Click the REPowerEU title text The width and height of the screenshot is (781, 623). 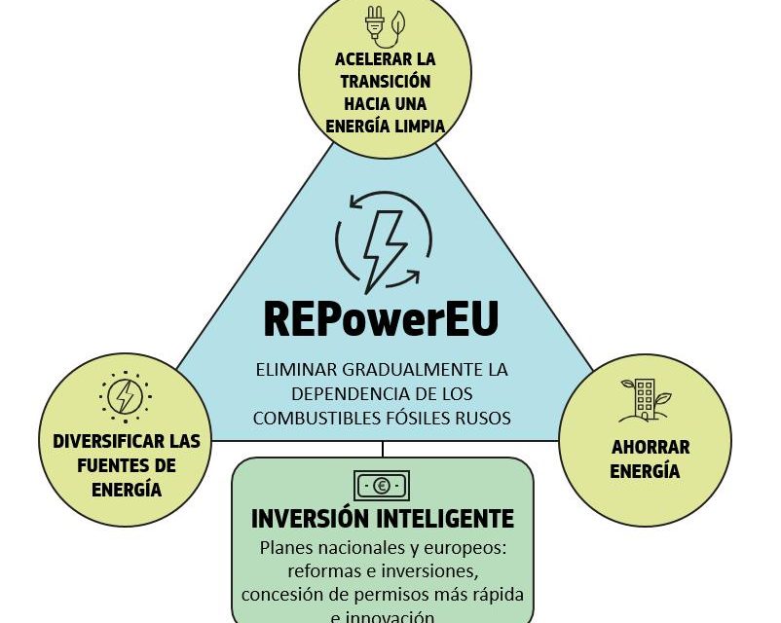pos(381,317)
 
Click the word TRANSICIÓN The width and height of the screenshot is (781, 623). pos(387,82)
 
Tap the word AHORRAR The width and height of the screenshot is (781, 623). pos(651,448)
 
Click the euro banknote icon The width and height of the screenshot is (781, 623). pos(381,484)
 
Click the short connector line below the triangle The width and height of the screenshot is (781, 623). pos(383,449)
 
